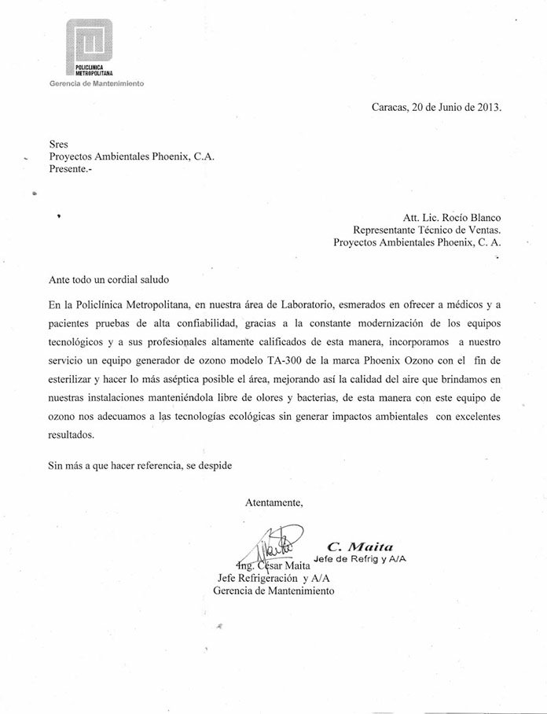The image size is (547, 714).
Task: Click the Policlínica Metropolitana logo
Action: tap(89, 49)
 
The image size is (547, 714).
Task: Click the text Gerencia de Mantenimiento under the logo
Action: tap(97, 83)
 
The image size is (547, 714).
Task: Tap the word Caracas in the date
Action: tap(391, 108)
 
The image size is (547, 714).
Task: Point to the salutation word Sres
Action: tap(57, 144)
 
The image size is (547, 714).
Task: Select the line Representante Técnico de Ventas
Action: tap(427, 230)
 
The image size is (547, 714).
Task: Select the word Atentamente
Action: tap(273, 502)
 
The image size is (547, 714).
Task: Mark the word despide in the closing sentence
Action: tap(211, 465)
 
